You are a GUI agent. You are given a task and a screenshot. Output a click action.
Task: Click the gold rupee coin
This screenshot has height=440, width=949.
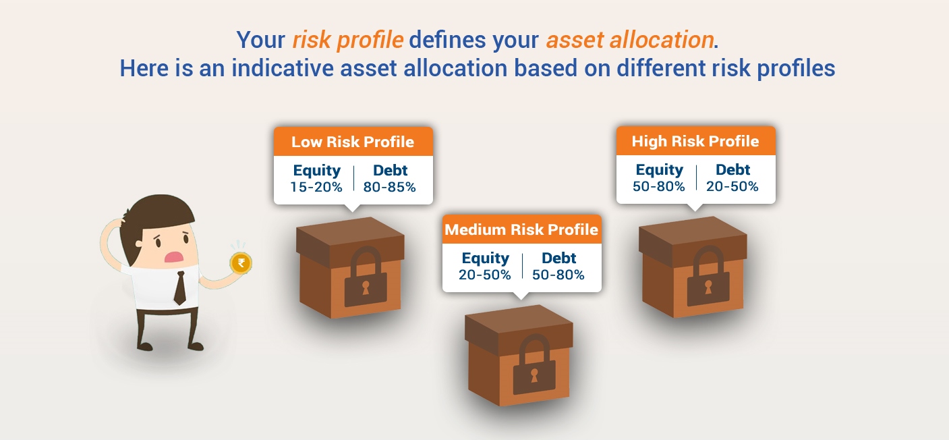pos(241,263)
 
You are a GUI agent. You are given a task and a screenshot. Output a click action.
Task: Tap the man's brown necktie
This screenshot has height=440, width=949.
pos(180,288)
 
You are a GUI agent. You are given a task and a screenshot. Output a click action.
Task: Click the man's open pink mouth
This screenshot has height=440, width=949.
pos(173,257)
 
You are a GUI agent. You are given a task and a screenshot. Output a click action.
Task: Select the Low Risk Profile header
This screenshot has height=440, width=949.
pos(353,142)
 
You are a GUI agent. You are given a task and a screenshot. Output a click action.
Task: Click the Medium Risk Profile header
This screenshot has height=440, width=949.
pos(521,229)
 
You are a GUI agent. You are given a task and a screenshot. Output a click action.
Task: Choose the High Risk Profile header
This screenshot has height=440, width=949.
pos(695,141)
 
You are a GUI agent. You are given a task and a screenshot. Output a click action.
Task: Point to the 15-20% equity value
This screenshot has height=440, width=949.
pos(316,187)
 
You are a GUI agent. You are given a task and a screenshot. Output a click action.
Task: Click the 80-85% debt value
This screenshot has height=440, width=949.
pos(389,187)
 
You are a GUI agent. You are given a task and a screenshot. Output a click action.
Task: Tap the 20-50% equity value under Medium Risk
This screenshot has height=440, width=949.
pos(485,275)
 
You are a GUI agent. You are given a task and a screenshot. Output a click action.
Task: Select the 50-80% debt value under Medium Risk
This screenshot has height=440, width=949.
pos(558,275)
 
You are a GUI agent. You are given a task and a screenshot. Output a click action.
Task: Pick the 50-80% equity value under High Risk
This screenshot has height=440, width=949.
pos(659,186)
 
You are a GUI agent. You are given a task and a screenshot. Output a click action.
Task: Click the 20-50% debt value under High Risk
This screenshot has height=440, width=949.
pos(732,186)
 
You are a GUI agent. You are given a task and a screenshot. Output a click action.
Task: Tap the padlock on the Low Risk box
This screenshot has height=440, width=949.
pos(366,277)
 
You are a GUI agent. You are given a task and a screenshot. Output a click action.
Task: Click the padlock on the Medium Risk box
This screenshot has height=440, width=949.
pos(534,364)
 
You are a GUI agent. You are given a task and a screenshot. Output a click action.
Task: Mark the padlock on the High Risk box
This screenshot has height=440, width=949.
pos(708,276)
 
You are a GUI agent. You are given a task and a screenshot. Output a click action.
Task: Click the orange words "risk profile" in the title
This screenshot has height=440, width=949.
pos(348,40)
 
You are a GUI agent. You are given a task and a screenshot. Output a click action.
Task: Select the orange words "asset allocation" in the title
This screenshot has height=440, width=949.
pos(630,40)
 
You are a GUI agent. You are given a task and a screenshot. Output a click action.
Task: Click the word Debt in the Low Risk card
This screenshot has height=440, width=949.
pos(390,170)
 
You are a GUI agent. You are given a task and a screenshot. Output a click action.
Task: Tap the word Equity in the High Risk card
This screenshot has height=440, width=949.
pos(659,170)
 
